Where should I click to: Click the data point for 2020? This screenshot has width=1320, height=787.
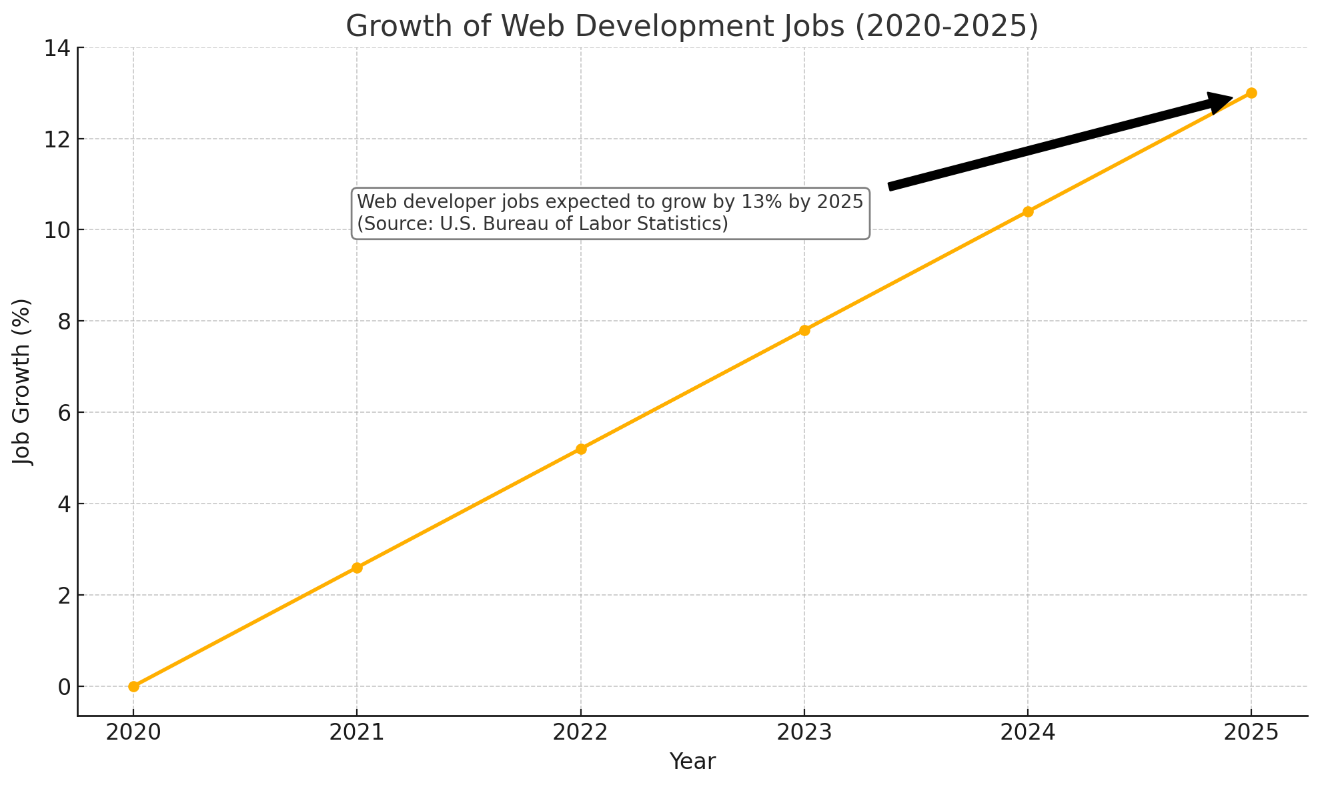click(x=133, y=686)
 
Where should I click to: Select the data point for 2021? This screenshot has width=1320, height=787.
click(x=357, y=568)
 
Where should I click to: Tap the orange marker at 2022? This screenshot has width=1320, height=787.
click(x=581, y=449)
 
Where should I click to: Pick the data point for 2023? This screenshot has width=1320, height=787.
click(x=804, y=330)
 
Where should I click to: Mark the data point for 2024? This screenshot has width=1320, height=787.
click(x=1028, y=211)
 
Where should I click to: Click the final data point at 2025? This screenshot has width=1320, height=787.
click(x=1251, y=93)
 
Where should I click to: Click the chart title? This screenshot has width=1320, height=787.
click(x=692, y=27)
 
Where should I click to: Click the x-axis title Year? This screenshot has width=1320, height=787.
click(x=692, y=762)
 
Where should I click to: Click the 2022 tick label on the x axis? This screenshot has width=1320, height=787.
click(x=581, y=732)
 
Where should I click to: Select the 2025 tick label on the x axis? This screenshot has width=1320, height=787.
click(x=1251, y=732)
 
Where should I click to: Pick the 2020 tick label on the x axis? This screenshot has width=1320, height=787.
click(x=133, y=732)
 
